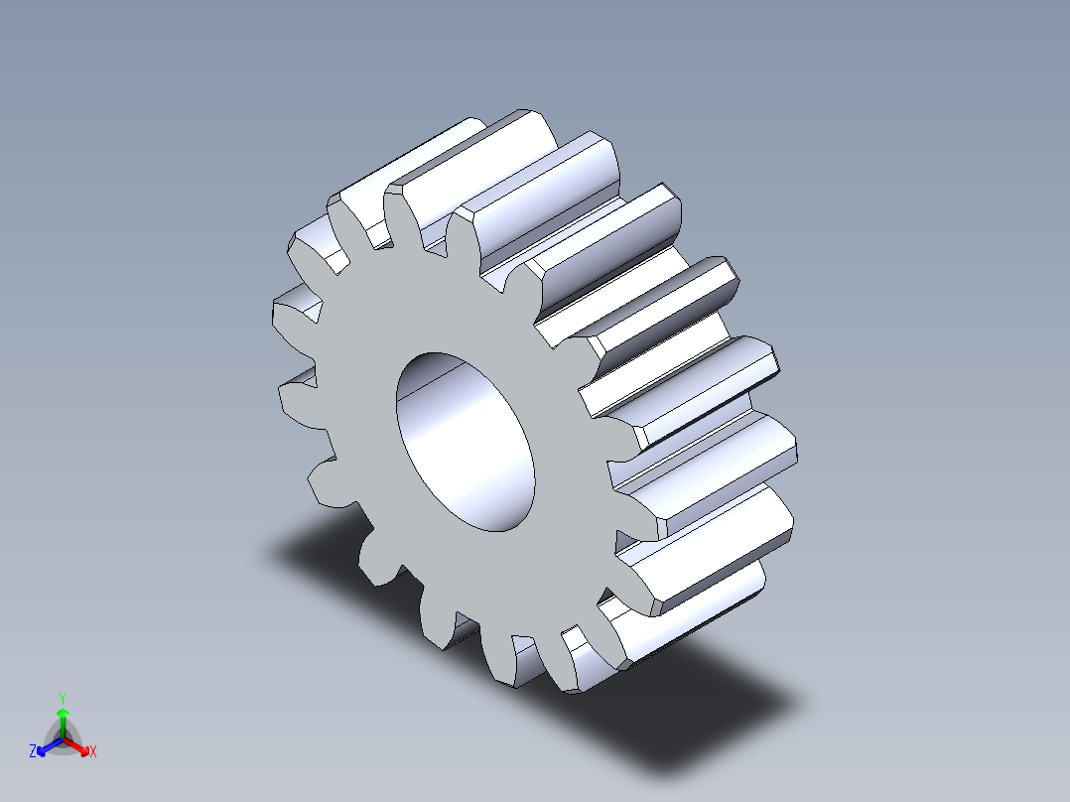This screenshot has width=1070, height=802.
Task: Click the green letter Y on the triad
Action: [63, 697]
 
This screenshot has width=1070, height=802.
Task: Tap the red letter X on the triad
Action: [93, 751]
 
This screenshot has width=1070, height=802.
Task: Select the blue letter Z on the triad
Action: [33, 751]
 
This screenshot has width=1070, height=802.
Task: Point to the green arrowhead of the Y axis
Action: [63, 714]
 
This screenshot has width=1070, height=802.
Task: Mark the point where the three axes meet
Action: [63, 739]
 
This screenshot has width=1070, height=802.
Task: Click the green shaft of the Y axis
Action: [63, 727]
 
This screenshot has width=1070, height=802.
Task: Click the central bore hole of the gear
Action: [465, 442]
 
